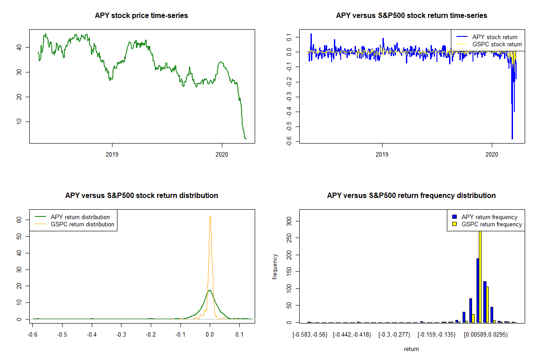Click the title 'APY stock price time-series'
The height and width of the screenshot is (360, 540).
pos(141,16)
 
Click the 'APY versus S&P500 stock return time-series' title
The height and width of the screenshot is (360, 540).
pos(411,16)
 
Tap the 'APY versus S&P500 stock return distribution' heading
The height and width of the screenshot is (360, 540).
pos(141,196)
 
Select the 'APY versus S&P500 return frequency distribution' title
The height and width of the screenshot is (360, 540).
pos(411,196)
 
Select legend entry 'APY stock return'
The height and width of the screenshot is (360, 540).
pos(495,37)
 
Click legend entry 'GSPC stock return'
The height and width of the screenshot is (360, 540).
pos(497,45)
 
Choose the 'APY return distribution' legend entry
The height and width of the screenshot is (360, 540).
pos(80,217)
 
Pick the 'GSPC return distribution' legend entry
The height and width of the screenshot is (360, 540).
pos(82,225)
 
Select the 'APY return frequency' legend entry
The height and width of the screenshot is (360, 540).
pos(489,217)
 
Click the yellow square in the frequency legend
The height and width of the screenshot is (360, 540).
pos(454,224)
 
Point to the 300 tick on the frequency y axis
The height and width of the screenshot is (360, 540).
pos(289,220)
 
